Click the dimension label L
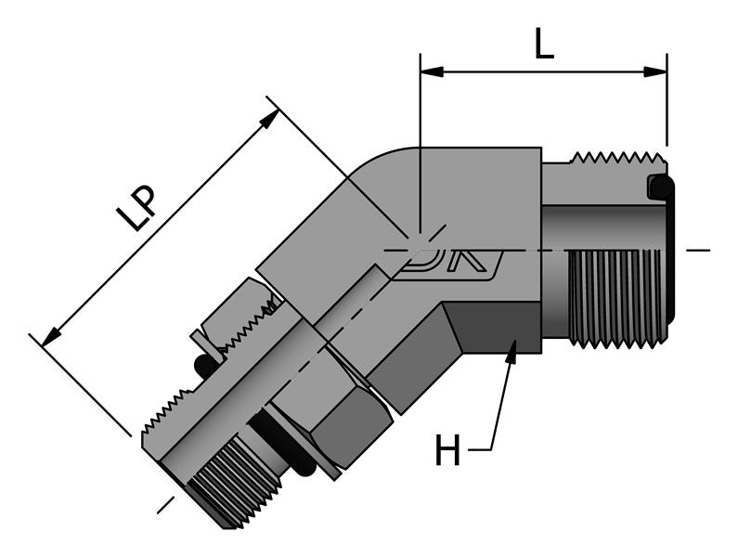544,44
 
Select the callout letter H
447,451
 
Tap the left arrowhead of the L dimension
429,71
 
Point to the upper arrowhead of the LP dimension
271,117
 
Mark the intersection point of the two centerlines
420,250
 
